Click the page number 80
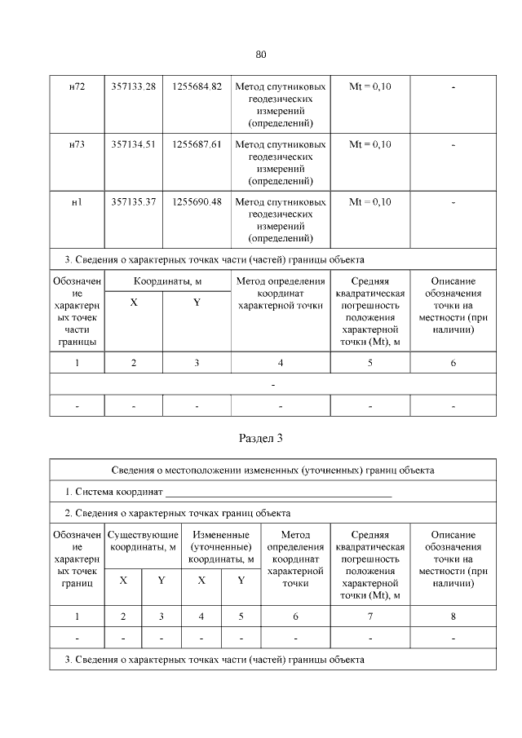pyautogui.click(x=261, y=55)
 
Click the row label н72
pyautogui.click(x=77, y=86)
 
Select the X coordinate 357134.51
pyautogui.click(x=133, y=144)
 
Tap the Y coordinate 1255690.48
pyautogui.click(x=197, y=201)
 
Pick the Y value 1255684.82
pyautogui.click(x=197, y=86)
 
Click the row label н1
pyautogui.click(x=77, y=201)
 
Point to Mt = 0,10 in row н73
pyautogui.click(x=369, y=144)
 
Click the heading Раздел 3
pyautogui.click(x=261, y=438)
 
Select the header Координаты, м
pyautogui.click(x=168, y=281)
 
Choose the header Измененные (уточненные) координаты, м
pyautogui.click(x=221, y=546)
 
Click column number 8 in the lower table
pyautogui.click(x=453, y=616)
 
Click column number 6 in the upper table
pyautogui.click(x=453, y=364)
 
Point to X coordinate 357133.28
pyautogui.click(x=133, y=86)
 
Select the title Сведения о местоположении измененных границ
pyautogui.click(x=272, y=471)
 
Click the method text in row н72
pyautogui.click(x=281, y=104)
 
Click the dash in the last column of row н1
pyautogui.click(x=453, y=201)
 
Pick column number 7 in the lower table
pyautogui.click(x=369, y=616)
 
